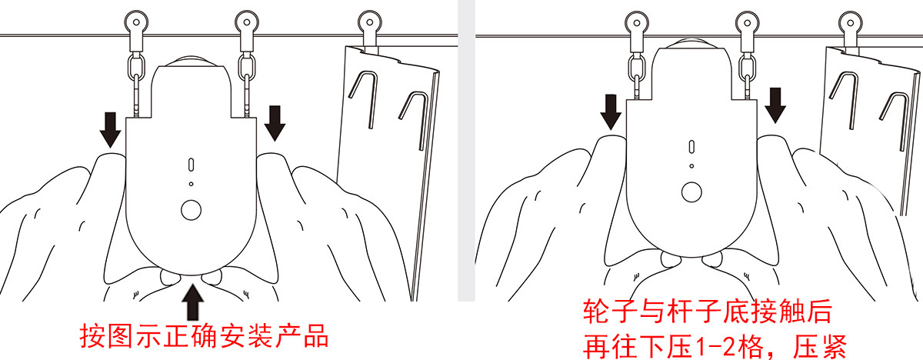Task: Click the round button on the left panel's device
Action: [x=191, y=208]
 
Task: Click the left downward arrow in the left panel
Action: [x=111, y=129]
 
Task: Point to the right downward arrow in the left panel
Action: [x=275, y=122]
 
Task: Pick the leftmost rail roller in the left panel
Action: [x=136, y=23]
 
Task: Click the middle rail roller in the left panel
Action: [x=247, y=22]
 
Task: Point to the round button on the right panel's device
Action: [x=691, y=192]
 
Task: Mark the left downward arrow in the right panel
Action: [x=612, y=112]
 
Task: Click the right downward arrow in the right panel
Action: [x=775, y=106]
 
